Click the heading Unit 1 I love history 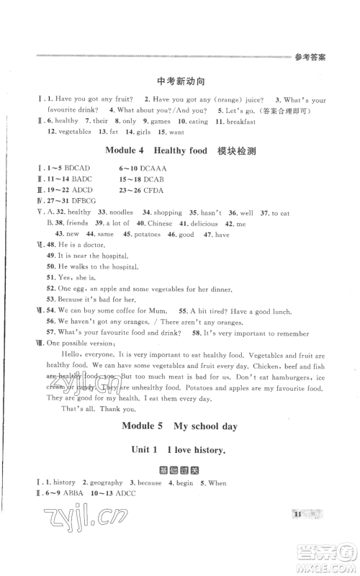click(x=178, y=451)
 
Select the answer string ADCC click(x=127, y=493)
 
